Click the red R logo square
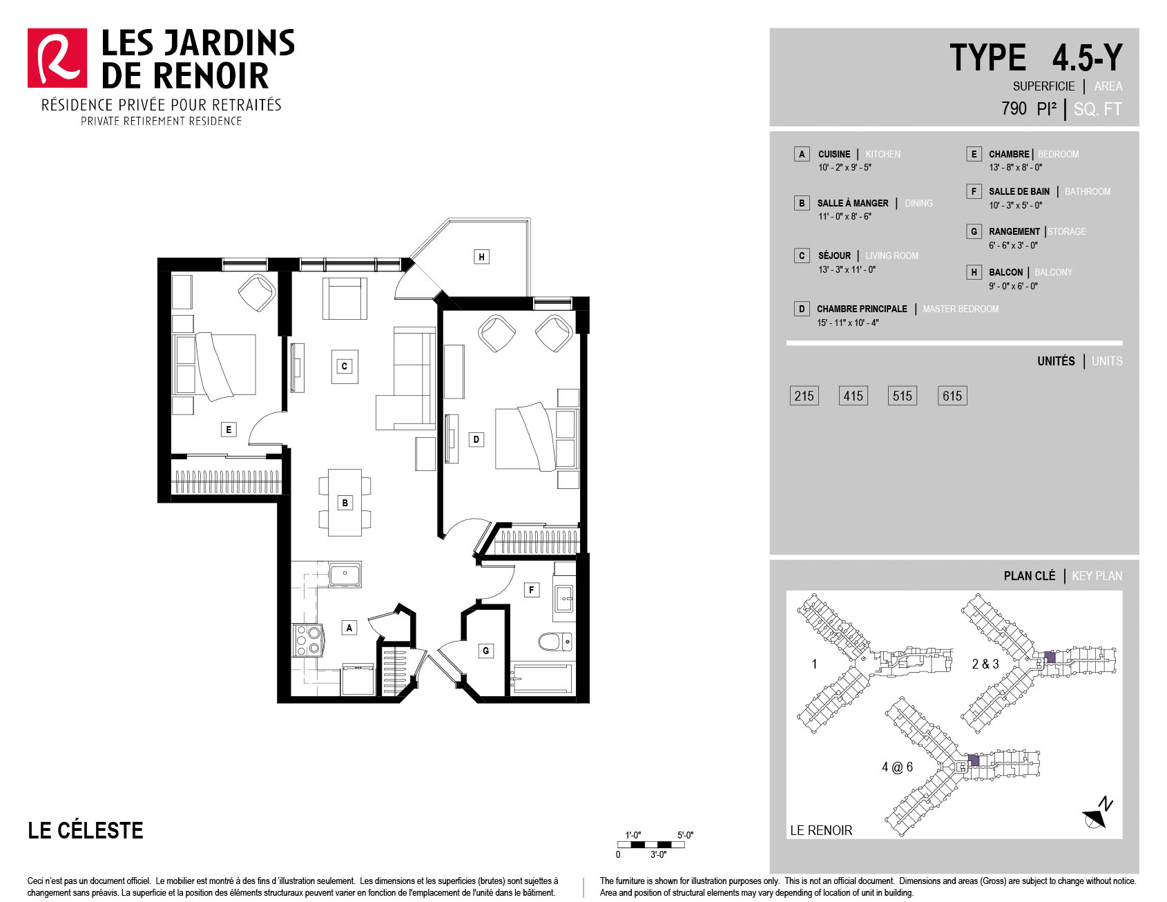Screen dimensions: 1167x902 (57, 58)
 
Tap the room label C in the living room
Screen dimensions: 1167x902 (344, 366)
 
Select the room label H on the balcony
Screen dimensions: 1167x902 (481, 257)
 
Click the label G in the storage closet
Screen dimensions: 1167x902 (486, 651)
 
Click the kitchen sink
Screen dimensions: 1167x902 (345, 575)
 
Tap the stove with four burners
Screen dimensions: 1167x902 (308, 640)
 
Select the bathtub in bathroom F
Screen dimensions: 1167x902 (541, 678)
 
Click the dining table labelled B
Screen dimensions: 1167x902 (345, 503)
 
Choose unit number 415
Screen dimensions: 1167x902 (853, 396)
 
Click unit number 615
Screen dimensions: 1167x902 (952, 396)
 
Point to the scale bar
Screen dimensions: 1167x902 (651, 845)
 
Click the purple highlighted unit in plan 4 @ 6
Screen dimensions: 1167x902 (974, 760)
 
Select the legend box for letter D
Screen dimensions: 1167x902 (802, 309)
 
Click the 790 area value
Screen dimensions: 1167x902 (1014, 108)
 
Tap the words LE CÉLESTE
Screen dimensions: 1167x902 (86, 830)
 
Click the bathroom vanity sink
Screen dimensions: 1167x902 (564, 598)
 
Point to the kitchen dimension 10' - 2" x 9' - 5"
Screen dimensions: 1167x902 (845, 167)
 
